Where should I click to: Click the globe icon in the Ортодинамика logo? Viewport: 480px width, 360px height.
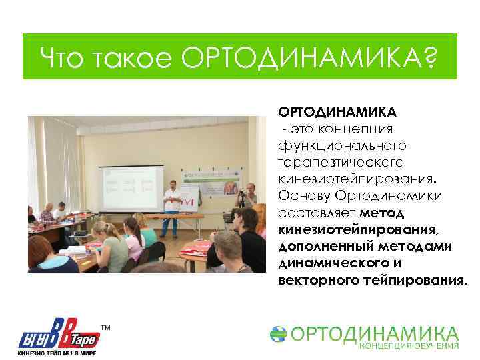279,335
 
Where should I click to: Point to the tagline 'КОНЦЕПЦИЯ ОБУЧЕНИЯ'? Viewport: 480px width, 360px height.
409,345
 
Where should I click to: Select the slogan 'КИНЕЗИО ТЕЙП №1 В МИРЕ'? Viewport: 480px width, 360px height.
57,353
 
